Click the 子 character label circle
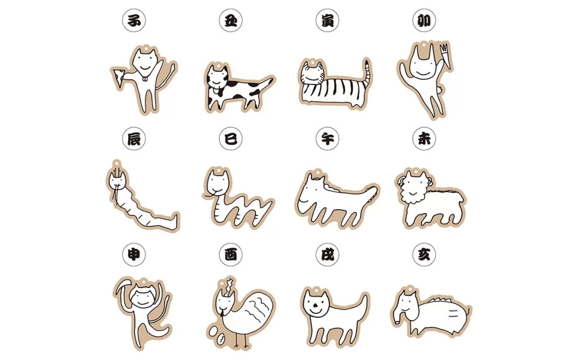point(134,20)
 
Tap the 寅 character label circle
point(327,20)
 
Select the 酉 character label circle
point(231,254)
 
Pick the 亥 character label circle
point(424,254)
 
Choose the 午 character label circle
point(327,138)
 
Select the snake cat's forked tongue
point(207,194)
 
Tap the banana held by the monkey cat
point(123,286)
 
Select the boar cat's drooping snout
point(398,315)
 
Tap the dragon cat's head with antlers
point(117,178)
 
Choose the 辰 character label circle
point(134,138)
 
